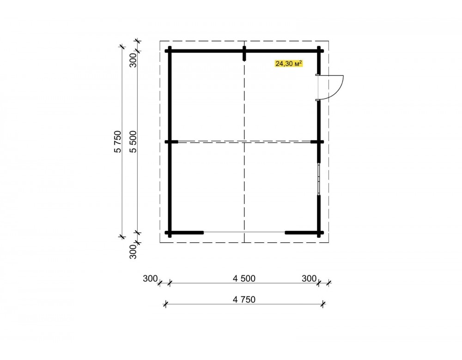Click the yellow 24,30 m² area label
[289, 63]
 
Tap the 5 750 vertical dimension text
[117, 142]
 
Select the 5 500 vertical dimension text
[134, 142]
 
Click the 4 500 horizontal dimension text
[244, 278]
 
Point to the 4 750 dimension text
[244, 300]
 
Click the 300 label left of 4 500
[150, 278]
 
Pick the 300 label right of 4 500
[309, 278]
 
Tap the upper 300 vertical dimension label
[134, 60]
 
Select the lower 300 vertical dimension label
[134, 252]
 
